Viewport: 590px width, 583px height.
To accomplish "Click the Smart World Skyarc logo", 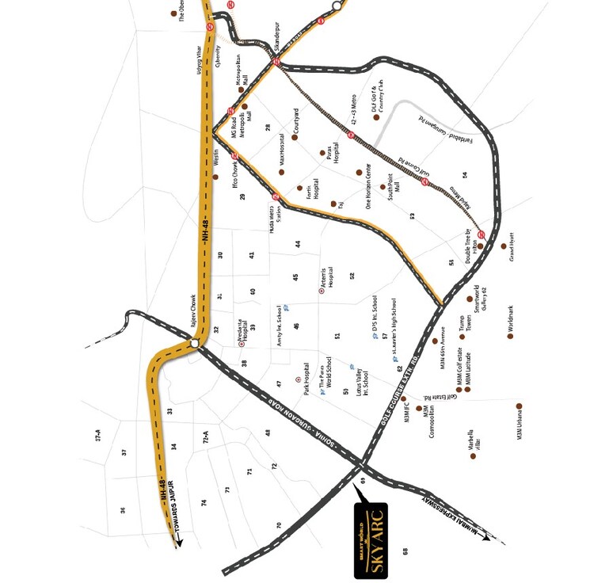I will coord(371,539).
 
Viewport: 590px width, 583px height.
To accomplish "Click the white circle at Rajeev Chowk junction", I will coord(194,344).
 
